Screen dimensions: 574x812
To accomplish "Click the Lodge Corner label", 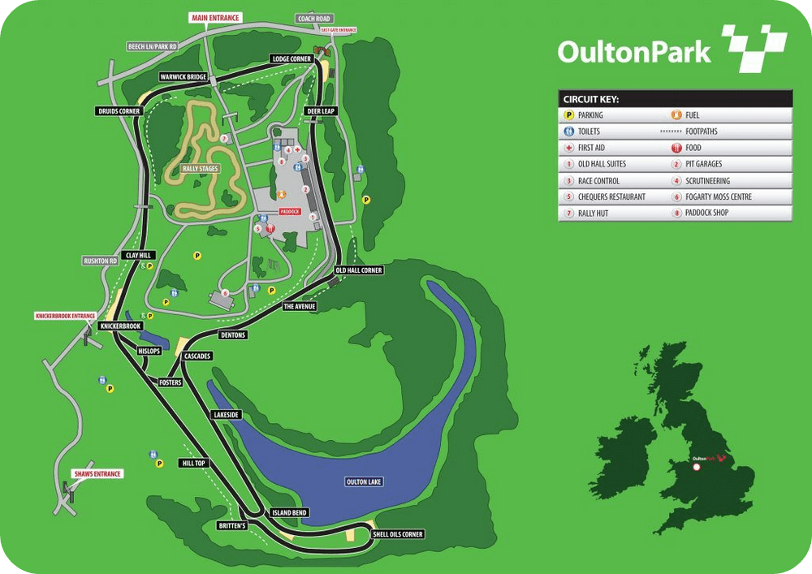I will pos(292,59).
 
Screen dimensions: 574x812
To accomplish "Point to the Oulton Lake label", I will pos(364,481).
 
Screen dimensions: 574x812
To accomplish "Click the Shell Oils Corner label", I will pos(398,534).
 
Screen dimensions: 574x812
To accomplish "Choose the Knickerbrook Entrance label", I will pos(65,315).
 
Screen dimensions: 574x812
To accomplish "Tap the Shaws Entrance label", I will pos(97,473).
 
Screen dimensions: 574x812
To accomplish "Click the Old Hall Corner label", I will pos(358,270).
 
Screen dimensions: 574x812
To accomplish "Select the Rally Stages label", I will pos(201,169).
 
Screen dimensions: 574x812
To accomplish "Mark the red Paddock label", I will pos(290,212).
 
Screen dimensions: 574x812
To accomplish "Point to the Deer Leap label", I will pos(320,111).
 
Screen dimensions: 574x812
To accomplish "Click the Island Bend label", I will pos(288,513).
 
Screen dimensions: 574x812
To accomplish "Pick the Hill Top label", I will pos(193,464).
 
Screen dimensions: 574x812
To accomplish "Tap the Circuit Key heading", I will pos(591,99).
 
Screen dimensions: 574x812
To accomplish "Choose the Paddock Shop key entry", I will pos(706,213).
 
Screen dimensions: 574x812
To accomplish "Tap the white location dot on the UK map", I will pos(696,467).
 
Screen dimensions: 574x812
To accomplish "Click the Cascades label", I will pos(198,356).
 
